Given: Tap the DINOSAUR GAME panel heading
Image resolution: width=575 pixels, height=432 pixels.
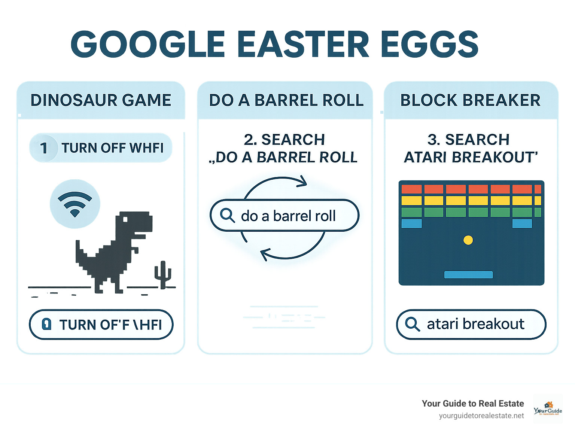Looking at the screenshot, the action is [101, 100].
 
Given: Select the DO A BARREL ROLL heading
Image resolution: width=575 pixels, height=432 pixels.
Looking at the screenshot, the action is [286, 100].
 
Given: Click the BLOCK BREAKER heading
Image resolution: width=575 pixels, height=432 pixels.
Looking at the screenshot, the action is [470, 100].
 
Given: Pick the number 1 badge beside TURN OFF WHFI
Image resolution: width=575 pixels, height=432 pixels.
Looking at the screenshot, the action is [44, 148].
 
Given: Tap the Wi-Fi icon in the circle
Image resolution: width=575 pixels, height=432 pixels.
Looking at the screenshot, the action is [75, 204].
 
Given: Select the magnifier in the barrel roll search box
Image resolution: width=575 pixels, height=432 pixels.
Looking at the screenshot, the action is [227, 215].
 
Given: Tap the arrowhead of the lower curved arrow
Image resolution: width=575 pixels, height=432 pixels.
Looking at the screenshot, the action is [264, 255].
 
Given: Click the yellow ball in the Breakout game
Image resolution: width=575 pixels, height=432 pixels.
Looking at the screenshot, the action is [468, 240].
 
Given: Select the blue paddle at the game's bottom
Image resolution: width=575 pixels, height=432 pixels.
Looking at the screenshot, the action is [468, 275].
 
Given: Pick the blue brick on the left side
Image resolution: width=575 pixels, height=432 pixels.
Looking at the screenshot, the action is [411, 223].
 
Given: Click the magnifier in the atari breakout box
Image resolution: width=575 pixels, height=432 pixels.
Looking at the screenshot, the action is [412, 324].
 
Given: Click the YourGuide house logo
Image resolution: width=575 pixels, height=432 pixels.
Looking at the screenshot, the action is [548, 408].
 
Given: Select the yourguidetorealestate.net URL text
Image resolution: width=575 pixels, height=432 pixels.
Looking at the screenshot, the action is [481, 416].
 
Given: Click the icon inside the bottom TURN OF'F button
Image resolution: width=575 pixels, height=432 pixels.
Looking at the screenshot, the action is [46, 324].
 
